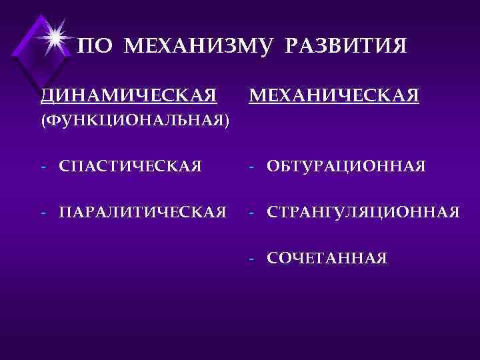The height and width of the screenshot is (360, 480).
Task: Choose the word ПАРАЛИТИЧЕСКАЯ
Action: pos(142,213)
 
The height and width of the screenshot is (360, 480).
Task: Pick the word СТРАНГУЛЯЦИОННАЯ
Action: pos(363,213)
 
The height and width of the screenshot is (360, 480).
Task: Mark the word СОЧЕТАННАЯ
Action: pos(326,259)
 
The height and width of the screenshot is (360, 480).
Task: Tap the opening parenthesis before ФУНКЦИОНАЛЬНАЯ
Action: pos(43,122)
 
